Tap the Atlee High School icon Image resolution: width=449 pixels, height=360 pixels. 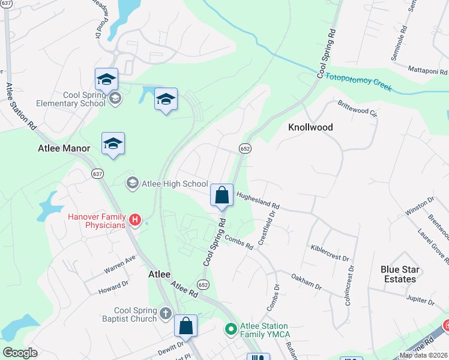[x=132, y=182]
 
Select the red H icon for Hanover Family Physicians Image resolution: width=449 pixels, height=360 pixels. [x=135, y=221]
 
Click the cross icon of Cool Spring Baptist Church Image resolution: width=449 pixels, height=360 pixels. [x=166, y=314]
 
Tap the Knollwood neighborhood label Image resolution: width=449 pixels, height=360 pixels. [x=310, y=128]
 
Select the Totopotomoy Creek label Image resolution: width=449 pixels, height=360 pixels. [x=354, y=82]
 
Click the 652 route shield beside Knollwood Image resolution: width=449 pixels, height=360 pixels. [x=244, y=148]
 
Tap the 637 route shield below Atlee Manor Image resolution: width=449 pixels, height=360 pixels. [x=97, y=173]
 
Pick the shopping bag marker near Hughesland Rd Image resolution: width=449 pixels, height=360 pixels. [x=221, y=195]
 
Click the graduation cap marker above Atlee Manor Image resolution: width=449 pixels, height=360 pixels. [x=113, y=144]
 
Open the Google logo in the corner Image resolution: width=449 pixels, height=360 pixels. [x=20, y=353]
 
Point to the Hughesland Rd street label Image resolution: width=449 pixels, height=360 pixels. [x=258, y=199]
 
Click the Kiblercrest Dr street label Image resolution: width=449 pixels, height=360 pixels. [x=330, y=253]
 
